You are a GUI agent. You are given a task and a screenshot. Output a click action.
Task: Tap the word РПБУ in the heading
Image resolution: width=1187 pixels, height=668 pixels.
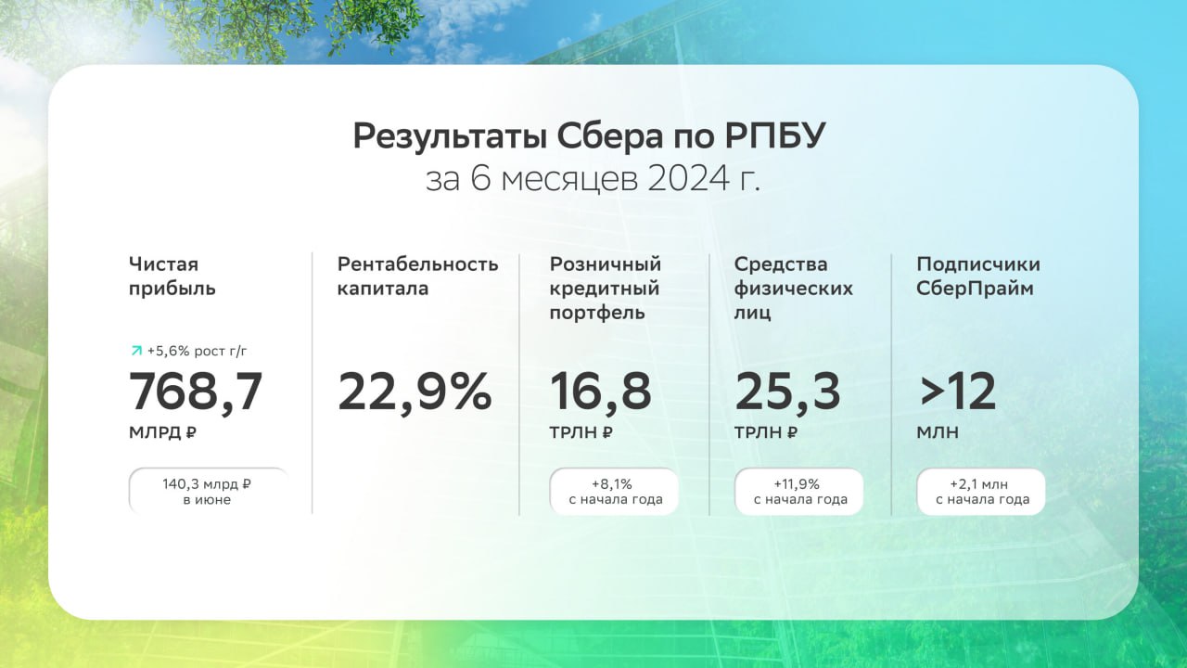click(775, 136)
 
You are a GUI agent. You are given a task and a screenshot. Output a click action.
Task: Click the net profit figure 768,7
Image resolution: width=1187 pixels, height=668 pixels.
click(196, 392)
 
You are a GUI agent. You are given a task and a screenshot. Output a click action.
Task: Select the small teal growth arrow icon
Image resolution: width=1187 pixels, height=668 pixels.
click(136, 351)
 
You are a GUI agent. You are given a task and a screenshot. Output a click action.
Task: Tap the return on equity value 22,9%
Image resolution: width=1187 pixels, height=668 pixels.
click(415, 392)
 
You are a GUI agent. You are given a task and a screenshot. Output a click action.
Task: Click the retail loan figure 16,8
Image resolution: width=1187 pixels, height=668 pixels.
click(600, 392)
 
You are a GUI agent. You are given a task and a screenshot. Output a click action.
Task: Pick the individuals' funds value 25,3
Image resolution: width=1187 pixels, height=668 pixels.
click(787, 392)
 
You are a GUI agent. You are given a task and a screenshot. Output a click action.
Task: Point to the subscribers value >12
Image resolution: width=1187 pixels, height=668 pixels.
click(956, 392)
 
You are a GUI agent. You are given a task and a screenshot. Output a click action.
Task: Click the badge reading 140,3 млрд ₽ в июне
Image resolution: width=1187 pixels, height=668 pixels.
click(209, 492)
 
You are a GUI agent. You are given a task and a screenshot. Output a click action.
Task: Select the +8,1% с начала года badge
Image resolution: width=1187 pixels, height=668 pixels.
click(614, 492)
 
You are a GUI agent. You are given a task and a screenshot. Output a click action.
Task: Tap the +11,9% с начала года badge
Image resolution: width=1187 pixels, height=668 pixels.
click(799, 492)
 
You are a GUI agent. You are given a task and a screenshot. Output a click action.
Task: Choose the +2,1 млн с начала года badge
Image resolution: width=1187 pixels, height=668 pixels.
click(981, 492)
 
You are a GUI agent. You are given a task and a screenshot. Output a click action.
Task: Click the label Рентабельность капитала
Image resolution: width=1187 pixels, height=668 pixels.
click(417, 276)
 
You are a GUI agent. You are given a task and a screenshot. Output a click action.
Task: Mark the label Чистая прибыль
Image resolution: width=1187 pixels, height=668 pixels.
click(172, 276)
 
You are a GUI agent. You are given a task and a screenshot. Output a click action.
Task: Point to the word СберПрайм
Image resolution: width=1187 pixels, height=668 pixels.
click(975, 289)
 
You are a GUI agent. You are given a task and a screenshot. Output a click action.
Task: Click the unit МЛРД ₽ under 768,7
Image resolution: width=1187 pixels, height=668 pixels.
click(162, 432)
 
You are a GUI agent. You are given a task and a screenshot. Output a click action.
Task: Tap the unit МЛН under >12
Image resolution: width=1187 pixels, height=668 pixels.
click(938, 432)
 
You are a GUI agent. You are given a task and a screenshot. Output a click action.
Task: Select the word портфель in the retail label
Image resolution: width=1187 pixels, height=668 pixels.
click(597, 313)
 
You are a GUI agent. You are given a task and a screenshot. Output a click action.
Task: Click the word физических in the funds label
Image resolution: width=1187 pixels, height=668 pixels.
click(793, 289)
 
